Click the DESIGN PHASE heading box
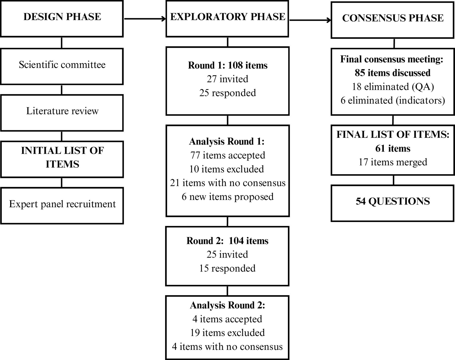tap(62, 19)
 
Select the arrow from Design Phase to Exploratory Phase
tap(145, 19)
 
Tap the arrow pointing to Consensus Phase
tap(310, 20)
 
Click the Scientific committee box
tap(62, 66)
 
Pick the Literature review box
tap(62, 113)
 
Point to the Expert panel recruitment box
tap(62, 206)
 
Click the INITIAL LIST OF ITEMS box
tap(62, 159)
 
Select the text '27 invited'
tap(227, 79)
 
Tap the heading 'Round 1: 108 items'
tap(227, 65)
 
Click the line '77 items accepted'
tap(227, 155)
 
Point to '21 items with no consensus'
tap(227, 183)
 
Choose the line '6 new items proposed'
tap(227, 196)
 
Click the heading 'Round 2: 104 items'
tap(227, 241)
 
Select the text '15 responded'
tap(227, 268)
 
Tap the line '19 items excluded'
tap(227, 332)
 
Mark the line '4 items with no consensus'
tap(227, 346)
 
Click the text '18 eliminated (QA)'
tap(393, 87)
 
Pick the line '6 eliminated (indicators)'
tap(393, 100)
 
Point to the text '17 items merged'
tap(393, 162)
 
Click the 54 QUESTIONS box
tap(393, 203)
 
